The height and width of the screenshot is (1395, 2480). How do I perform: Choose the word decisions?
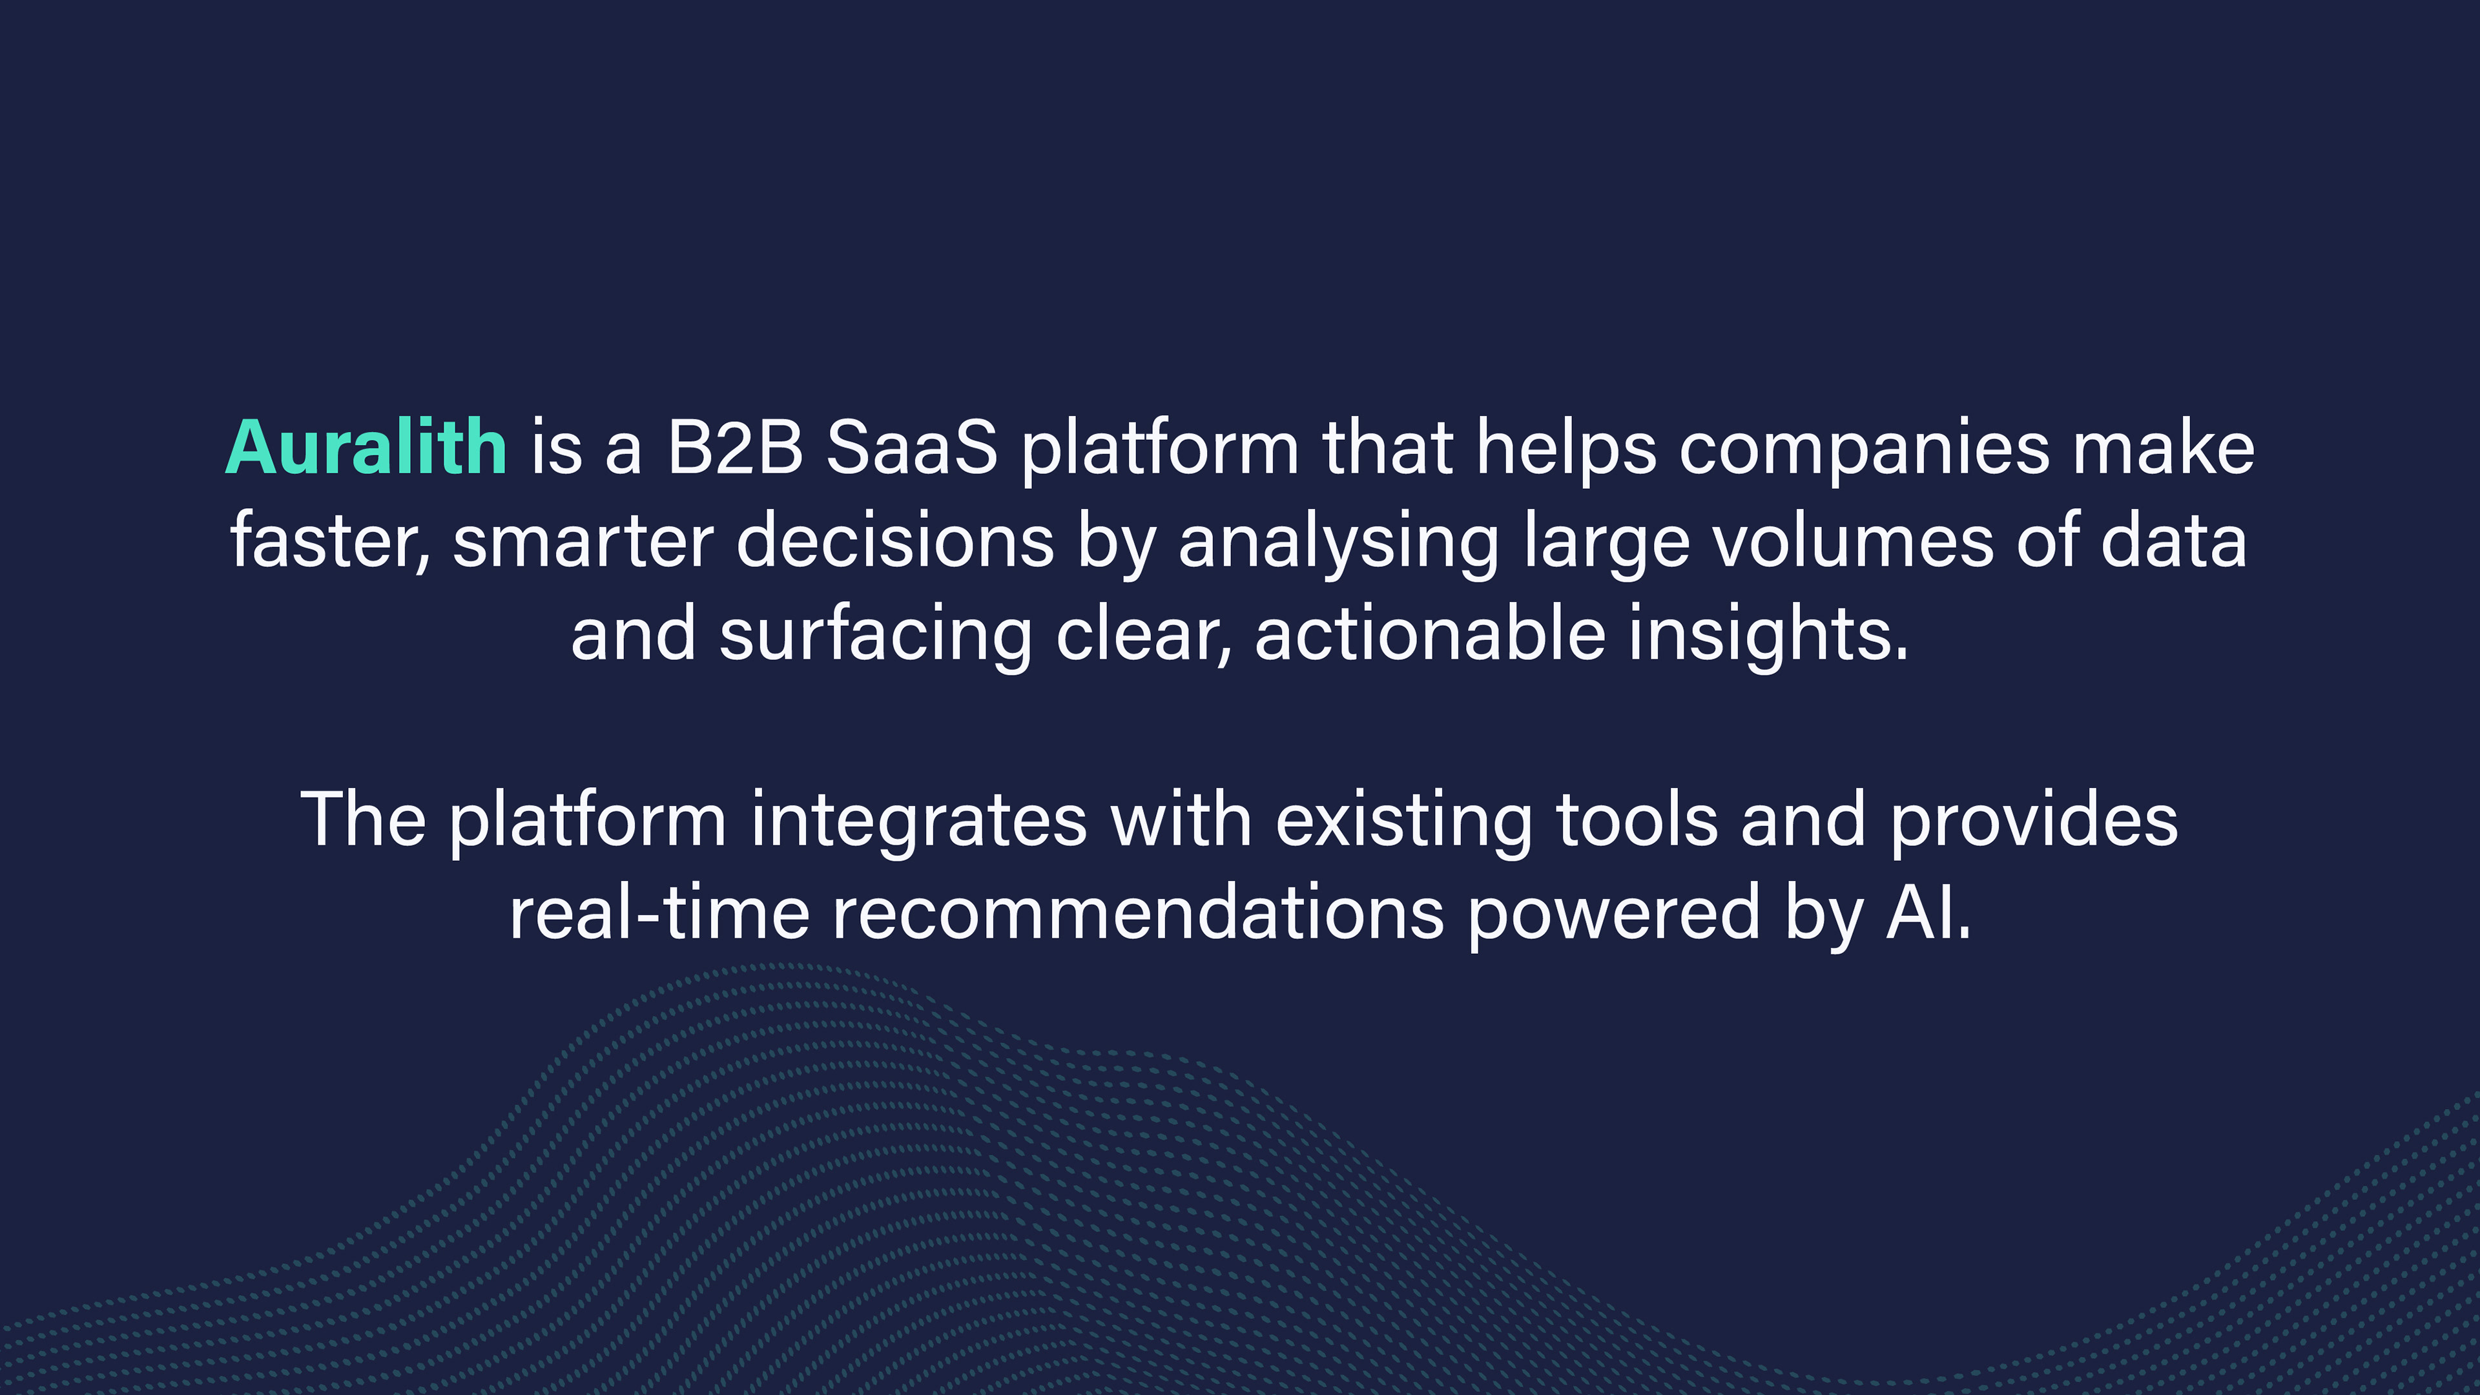(x=895, y=541)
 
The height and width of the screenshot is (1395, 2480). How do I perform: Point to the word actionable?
(x=1430, y=634)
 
